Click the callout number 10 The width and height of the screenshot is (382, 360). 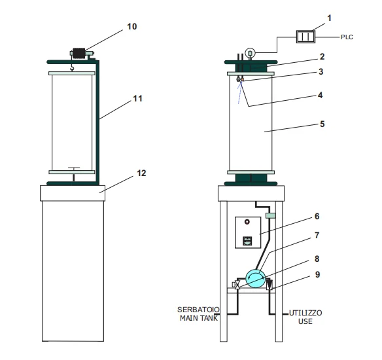[132, 26]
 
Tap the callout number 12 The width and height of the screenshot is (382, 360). [141, 173]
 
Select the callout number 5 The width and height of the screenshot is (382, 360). [322, 124]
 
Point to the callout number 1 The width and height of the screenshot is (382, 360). [330, 18]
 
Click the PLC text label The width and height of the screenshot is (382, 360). [347, 37]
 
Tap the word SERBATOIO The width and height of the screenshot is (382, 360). [198, 310]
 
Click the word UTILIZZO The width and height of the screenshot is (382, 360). [305, 313]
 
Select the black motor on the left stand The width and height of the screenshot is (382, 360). [79, 53]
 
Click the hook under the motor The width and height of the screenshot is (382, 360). [72, 68]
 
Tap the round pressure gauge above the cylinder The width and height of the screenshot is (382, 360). [250, 52]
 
